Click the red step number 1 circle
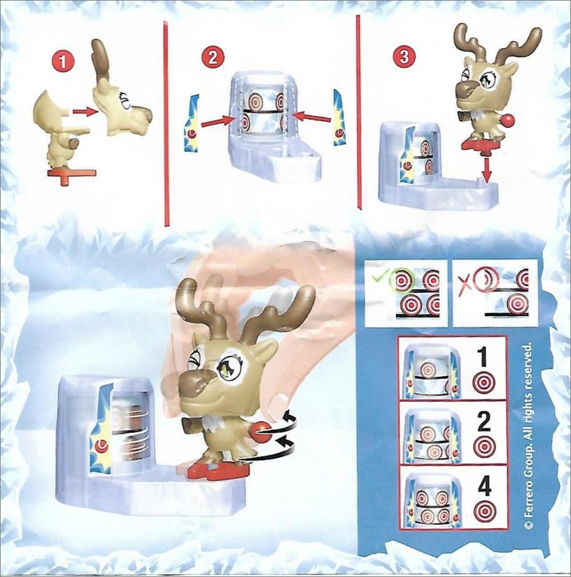pos(63,62)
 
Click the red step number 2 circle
pos(212,58)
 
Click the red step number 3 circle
pos(404,58)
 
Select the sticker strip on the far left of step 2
pos(192,123)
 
